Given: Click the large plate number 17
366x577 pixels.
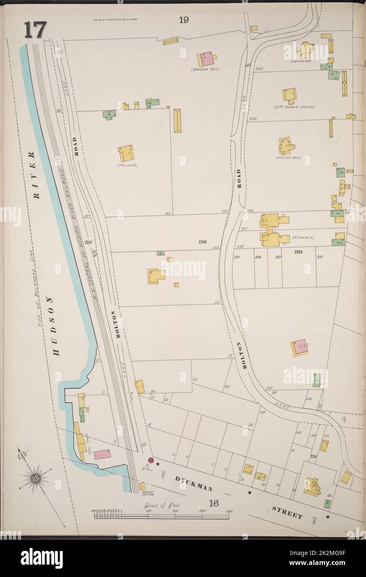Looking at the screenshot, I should coord(35,30).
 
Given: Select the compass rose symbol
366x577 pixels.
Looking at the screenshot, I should coord(35,478).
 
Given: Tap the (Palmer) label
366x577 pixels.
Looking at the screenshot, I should coord(128,165).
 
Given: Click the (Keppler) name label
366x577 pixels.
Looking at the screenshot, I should coord(300,61).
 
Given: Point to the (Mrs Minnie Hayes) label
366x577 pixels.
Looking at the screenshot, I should coord(294,107).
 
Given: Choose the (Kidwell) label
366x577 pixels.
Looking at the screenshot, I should coord(303,237).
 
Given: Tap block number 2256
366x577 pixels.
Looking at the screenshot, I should coord(202,242).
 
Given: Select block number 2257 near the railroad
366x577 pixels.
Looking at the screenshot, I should coord(88,242).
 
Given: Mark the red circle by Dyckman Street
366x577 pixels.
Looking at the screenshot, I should coord(151,460).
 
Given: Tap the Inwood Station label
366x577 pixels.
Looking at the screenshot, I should coord(147,494).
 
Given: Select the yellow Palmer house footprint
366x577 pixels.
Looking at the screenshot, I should coord(126,153).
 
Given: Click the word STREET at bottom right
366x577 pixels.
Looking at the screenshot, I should coord(287,512).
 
